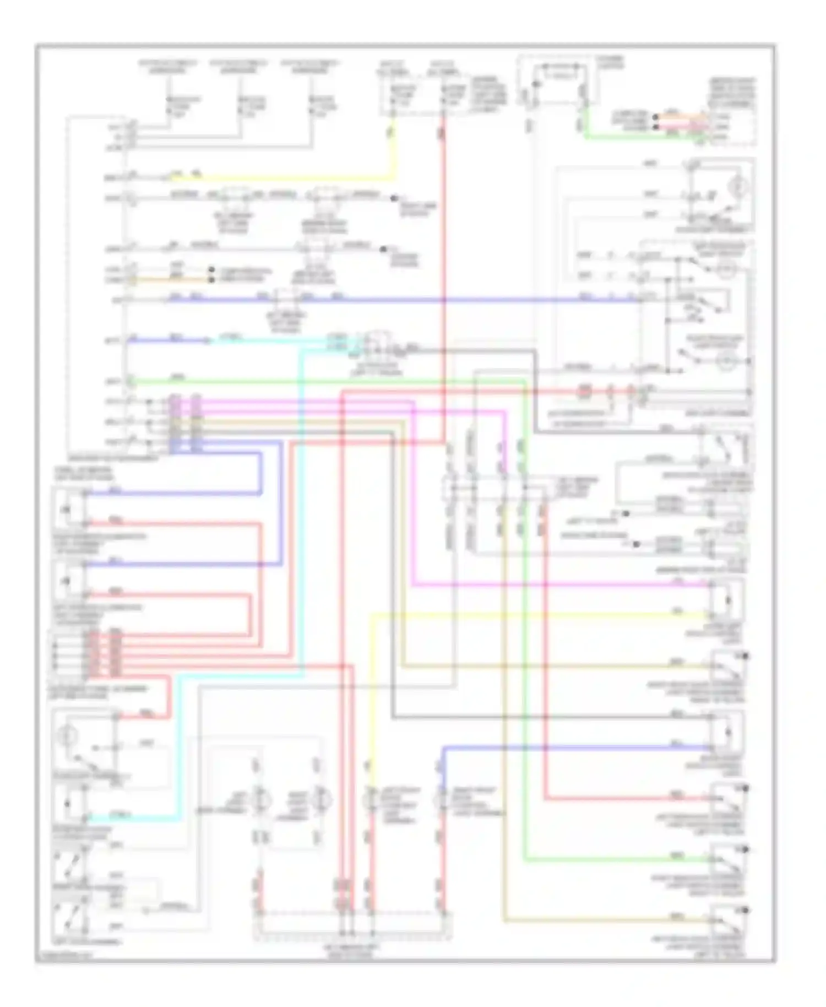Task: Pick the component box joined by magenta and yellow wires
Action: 727,599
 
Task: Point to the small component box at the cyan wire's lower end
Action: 67,805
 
